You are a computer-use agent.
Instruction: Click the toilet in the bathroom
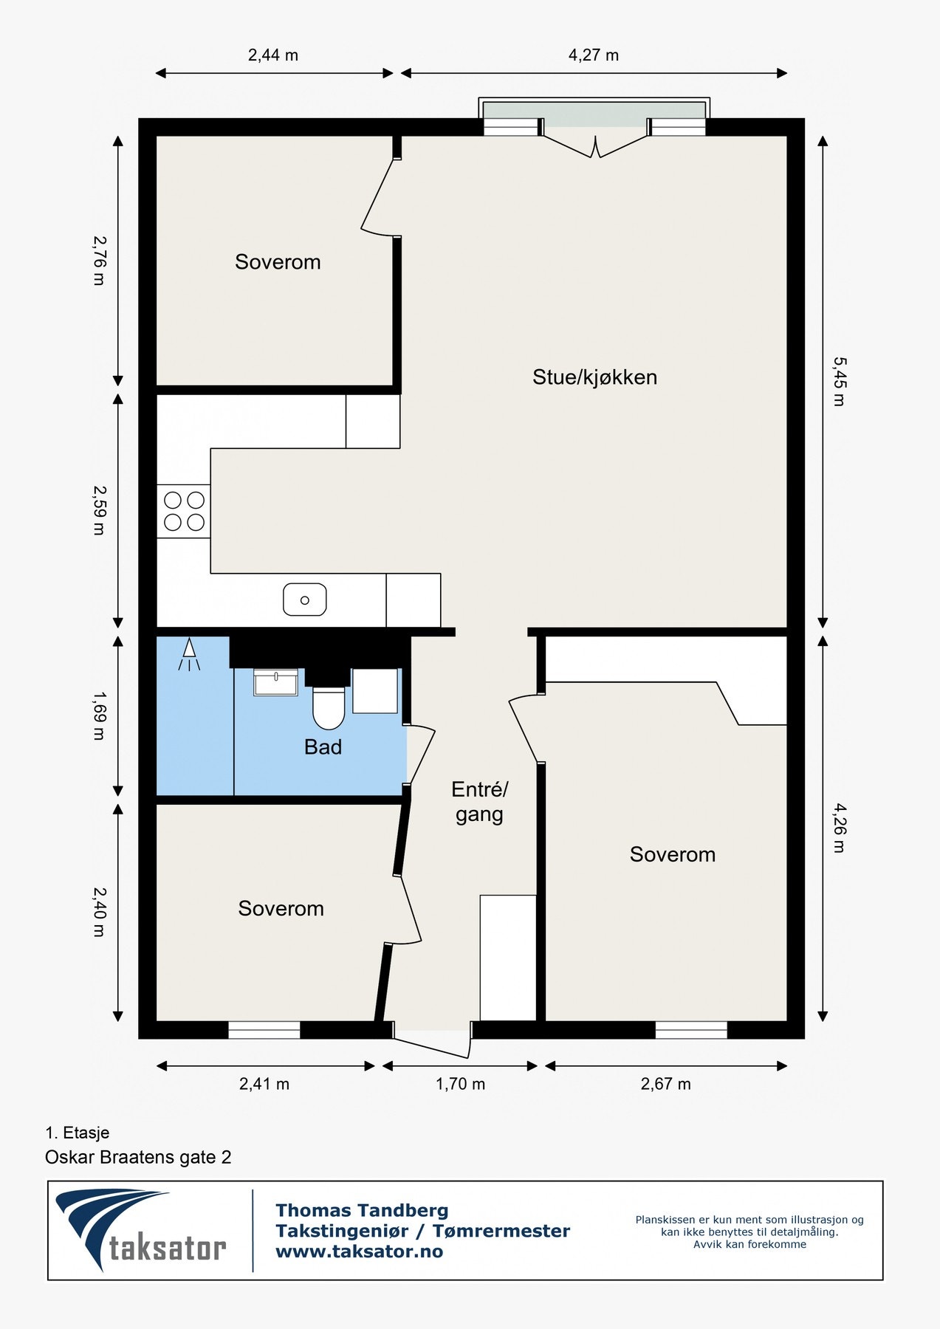[329, 708]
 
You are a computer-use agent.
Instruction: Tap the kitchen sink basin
[305, 600]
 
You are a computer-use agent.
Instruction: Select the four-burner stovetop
[184, 511]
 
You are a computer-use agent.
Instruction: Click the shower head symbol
[189, 654]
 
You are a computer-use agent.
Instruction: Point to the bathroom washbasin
[275, 682]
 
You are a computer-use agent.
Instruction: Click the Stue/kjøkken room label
[594, 377]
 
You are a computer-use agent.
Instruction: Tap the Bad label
[323, 747]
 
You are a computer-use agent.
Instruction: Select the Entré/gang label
[479, 802]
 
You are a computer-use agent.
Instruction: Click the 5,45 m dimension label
[840, 381]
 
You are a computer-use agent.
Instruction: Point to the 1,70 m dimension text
[460, 1084]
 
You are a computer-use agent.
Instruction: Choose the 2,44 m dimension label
[273, 55]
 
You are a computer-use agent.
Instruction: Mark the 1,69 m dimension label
[99, 715]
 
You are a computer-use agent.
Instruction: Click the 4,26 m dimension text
[840, 828]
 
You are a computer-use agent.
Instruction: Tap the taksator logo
[140, 1229]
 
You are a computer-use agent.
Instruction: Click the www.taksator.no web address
[359, 1251]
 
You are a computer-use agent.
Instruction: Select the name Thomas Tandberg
[362, 1210]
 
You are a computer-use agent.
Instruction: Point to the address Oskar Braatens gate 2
[138, 1157]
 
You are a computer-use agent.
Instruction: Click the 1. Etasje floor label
[78, 1133]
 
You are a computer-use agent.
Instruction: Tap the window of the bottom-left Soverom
[264, 1030]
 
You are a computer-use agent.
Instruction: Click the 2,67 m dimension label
[665, 1084]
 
